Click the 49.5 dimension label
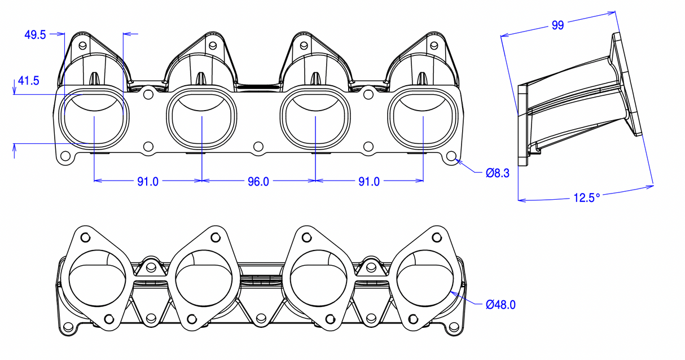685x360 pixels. [35, 34]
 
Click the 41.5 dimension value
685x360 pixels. [28, 81]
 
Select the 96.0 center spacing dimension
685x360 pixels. [258, 182]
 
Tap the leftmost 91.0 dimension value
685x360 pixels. [148, 182]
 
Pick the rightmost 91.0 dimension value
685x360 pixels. [368, 182]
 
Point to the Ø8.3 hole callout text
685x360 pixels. [498, 173]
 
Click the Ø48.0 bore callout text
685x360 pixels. [500, 305]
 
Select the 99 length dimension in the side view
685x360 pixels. [557, 25]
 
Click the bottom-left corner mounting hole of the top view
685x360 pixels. [65, 156]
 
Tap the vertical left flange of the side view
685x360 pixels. [522, 125]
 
